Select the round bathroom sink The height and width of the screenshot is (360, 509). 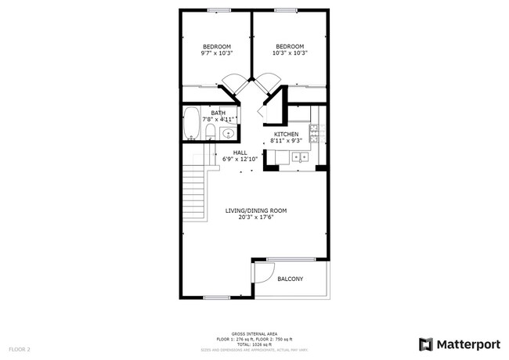[x=227, y=133]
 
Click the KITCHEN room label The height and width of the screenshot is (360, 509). [x=285, y=134]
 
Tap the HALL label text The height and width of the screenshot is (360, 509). [x=240, y=153]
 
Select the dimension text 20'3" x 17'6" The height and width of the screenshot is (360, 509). [x=256, y=218]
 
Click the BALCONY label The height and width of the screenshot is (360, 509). [x=290, y=279]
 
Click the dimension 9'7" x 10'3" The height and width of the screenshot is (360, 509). [x=216, y=53]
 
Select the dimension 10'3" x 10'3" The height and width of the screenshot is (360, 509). [x=290, y=53]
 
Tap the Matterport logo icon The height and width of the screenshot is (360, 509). [x=425, y=344]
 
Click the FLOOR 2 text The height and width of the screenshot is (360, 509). [x=20, y=348]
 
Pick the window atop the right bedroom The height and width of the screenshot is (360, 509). [x=286, y=9]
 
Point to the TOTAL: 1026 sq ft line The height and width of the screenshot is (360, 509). [x=255, y=344]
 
